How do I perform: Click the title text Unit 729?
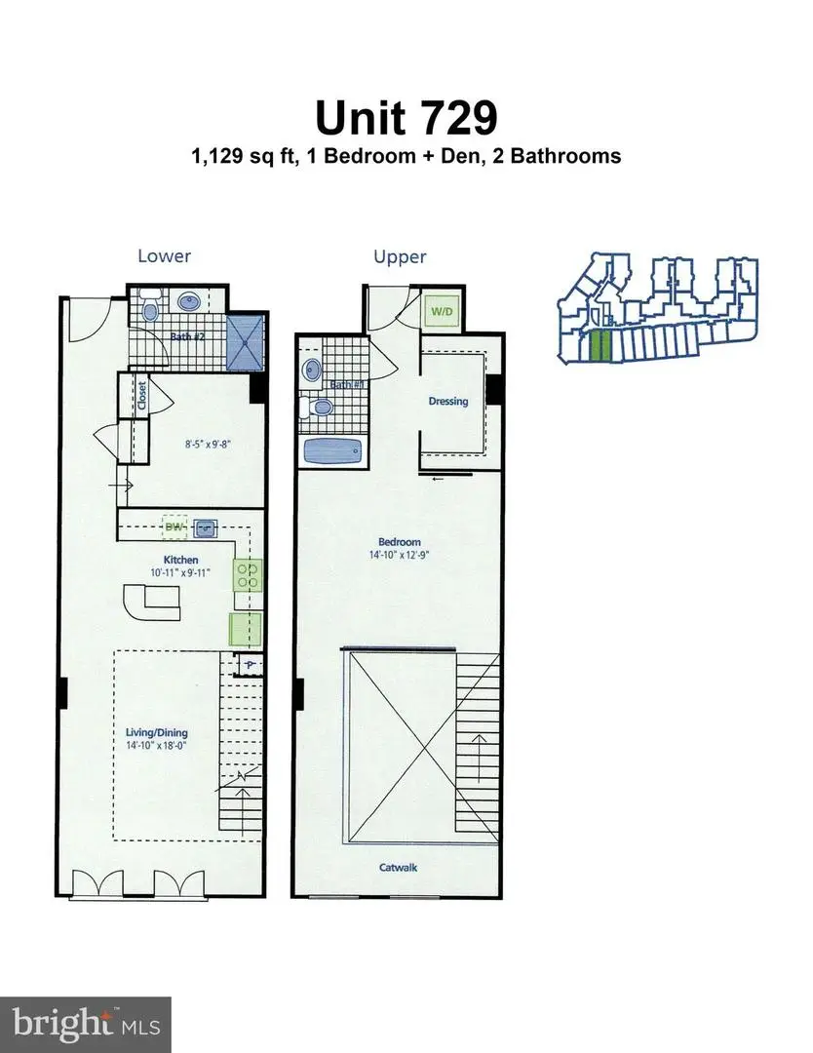(406, 117)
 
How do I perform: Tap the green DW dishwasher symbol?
(174, 528)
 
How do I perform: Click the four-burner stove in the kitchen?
(248, 573)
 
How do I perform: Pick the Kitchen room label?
(181, 560)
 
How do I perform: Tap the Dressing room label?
(448, 401)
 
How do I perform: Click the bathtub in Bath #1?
(332, 451)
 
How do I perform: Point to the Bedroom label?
(400, 542)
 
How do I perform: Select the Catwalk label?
(400, 866)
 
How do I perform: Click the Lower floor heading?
(164, 256)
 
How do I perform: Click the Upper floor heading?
(400, 256)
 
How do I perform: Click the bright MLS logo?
(86, 1024)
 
